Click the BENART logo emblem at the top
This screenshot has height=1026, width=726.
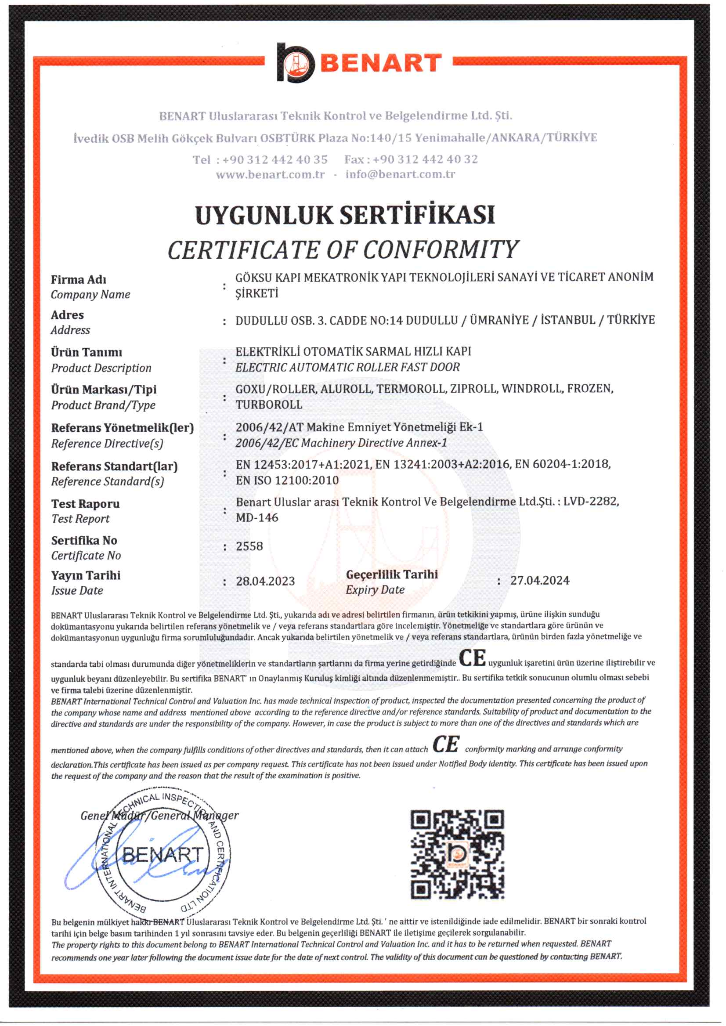296,63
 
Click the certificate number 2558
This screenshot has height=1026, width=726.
249,546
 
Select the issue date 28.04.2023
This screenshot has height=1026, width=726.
265,581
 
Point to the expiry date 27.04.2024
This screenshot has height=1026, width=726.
540,580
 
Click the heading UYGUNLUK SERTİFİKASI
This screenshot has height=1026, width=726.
345,215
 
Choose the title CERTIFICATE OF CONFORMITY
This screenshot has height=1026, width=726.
343,249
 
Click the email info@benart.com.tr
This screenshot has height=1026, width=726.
400,174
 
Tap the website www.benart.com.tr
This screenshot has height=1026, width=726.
270,174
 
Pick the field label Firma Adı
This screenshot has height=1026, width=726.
79,279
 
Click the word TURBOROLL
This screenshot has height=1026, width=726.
269,405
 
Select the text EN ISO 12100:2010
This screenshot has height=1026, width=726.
287,480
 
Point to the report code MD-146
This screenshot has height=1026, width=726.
257,518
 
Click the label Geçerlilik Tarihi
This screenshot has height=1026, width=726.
392,574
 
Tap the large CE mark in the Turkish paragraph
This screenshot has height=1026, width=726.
472,658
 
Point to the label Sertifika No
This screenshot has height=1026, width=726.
84,541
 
